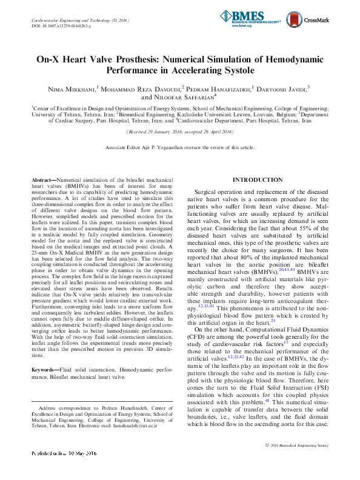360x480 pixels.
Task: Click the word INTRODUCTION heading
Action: (258, 180)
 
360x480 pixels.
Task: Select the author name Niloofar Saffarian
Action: (184, 96)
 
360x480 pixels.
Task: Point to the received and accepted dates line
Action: (179, 131)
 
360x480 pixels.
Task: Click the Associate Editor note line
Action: (179, 147)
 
